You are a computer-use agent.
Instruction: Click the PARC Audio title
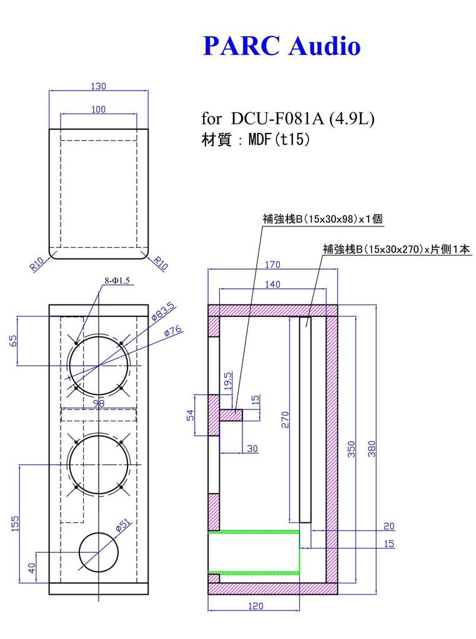click(x=282, y=46)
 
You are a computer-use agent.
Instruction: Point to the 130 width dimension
click(x=99, y=85)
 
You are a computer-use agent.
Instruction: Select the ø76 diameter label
click(x=172, y=331)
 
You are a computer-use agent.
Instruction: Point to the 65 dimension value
click(x=14, y=341)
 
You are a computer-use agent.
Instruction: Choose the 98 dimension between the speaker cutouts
click(x=99, y=404)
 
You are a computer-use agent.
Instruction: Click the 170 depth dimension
click(x=272, y=265)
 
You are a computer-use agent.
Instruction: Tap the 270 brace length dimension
click(x=284, y=419)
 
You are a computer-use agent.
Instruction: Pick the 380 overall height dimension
click(x=372, y=449)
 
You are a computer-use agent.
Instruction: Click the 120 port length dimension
click(x=255, y=605)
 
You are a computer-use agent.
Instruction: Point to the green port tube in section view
click(x=254, y=552)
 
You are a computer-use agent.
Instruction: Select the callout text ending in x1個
click(x=322, y=219)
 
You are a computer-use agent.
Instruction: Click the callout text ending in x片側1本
click(x=396, y=249)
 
